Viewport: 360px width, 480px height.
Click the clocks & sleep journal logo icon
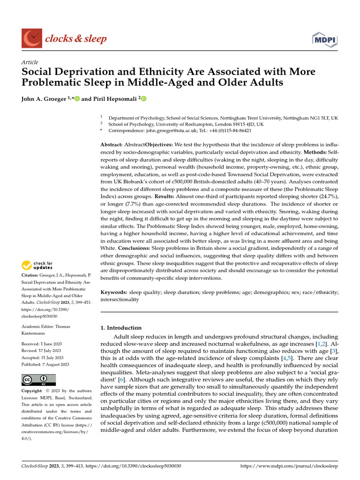(x=31, y=38)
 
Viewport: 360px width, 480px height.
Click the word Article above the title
(x=30, y=62)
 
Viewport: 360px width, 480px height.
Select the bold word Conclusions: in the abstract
(x=137, y=247)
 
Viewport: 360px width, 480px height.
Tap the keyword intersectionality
(x=120, y=299)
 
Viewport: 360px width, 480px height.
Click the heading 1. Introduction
(x=121, y=328)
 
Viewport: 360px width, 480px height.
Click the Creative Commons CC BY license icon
(x=38, y=380)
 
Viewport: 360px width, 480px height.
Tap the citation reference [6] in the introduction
(x=120, y=379)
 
